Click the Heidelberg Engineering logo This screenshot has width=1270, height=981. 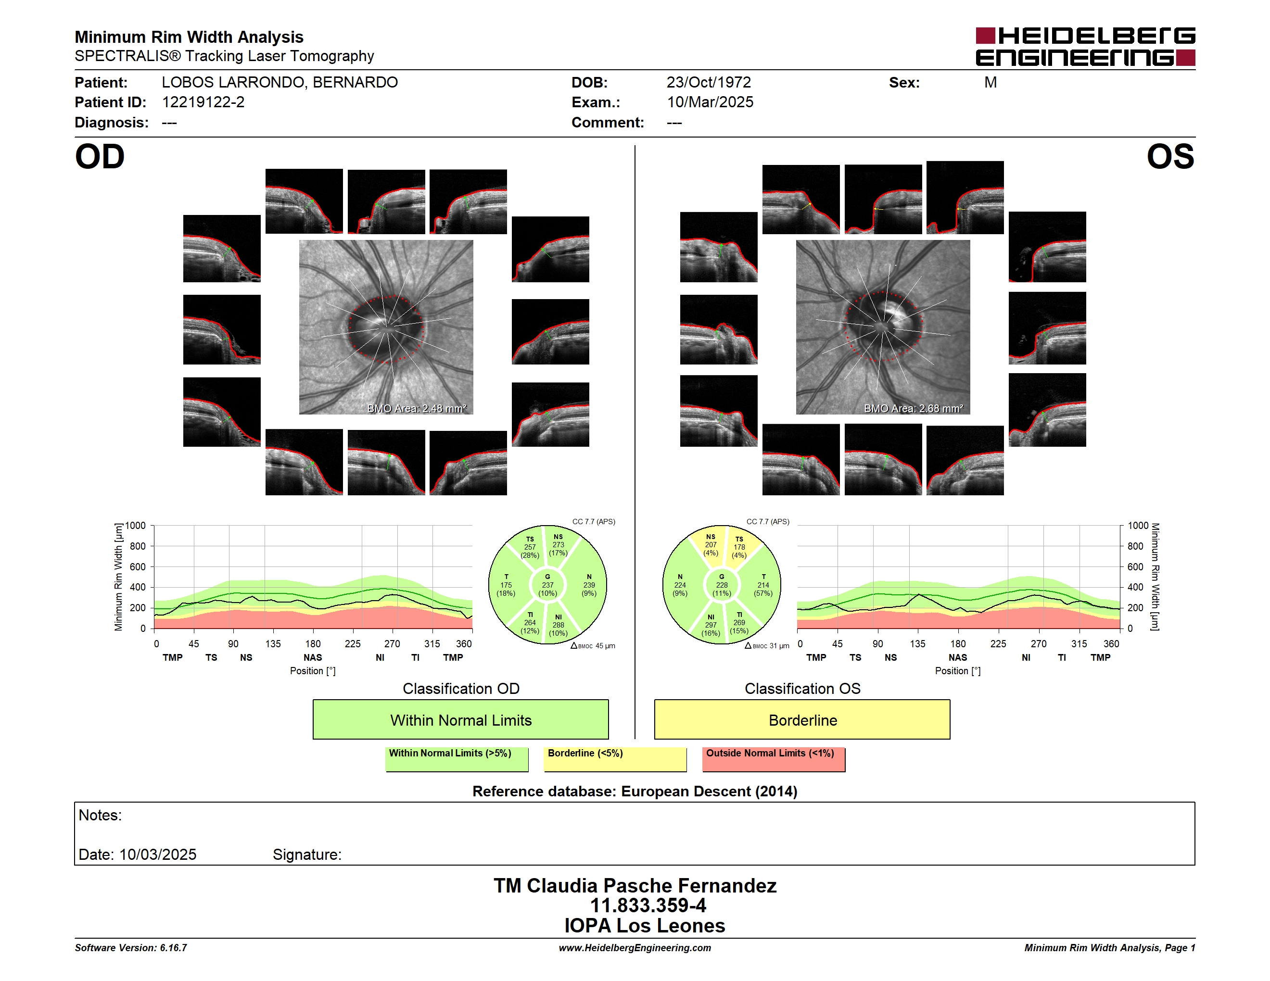[1085, 47]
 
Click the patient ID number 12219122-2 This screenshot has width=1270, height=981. [203, 102]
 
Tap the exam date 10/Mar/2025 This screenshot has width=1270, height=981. [710, 102]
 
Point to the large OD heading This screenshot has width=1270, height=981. [100, 157]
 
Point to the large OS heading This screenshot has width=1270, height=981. [1170, 157]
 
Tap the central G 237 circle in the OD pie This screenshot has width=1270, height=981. [547, 585]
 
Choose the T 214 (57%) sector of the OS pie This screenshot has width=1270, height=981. [762, 585]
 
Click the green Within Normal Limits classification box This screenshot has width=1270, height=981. [460, 719]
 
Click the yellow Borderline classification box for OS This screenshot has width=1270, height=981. [802, 719]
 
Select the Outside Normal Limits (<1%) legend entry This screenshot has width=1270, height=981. [774, 759]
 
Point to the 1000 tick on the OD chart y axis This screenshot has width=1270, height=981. [135, 526]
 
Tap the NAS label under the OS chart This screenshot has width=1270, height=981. [958, 657]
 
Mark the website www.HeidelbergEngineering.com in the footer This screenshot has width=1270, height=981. [635, 948]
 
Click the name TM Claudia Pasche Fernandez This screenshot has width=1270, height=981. [635, 885]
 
